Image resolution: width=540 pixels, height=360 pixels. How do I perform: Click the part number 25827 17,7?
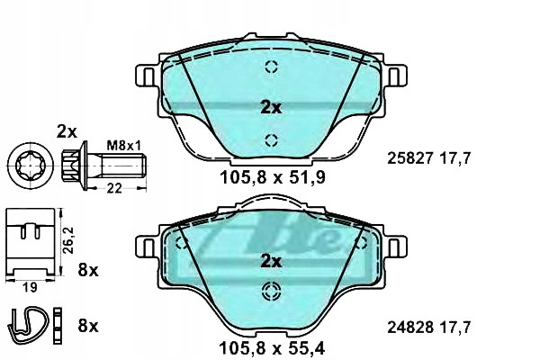(x=428, y=158)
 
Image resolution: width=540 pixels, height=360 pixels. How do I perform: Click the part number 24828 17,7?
(x=428, y=328)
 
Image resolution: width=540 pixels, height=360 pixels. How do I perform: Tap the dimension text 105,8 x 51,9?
(x=273, y=178)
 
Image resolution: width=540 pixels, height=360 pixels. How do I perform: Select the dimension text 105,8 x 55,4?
(x=272, y=348)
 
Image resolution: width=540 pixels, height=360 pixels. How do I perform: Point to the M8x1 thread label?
(x=124, y=146)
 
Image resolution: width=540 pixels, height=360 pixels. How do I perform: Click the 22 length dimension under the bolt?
(x=114, y=188)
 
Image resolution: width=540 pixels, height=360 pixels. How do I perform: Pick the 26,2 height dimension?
(x=69, y=240)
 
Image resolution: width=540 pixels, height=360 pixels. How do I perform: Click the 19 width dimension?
(x=30, y=288)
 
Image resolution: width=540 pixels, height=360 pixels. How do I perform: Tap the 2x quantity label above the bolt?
(x=67, y=131)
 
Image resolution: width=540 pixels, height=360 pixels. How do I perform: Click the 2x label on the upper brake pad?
(x=271, y=108)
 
